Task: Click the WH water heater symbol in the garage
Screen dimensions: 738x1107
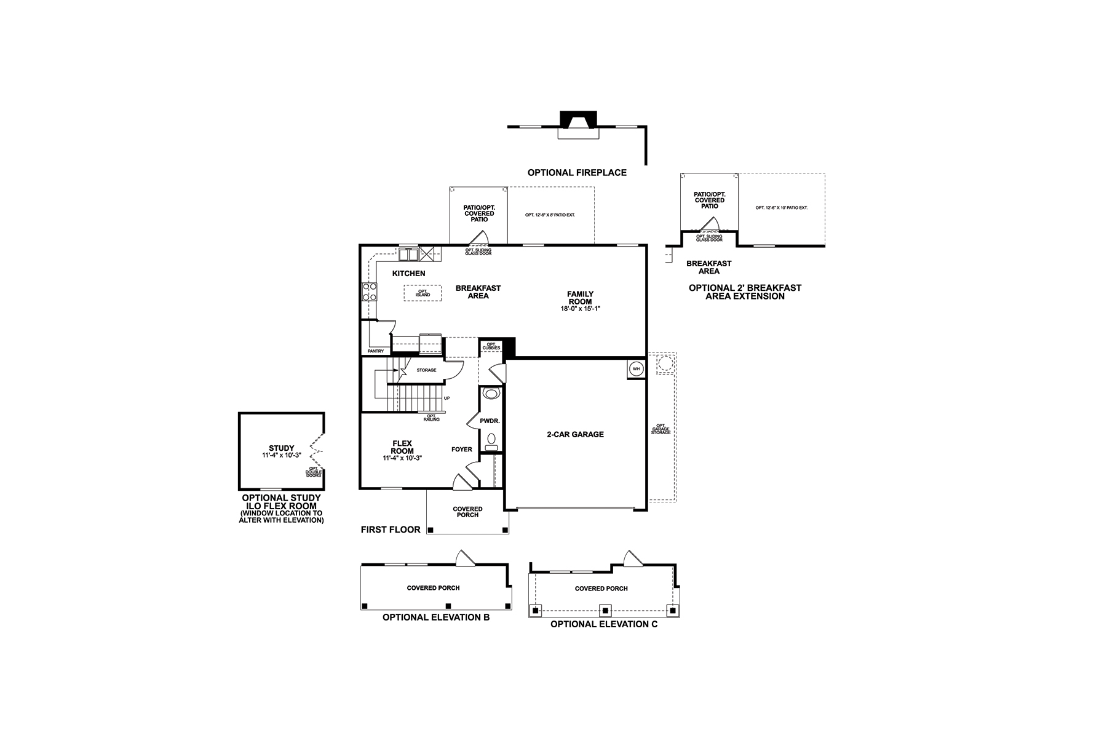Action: coord(637,369)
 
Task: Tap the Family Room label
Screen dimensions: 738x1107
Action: coord(580,298)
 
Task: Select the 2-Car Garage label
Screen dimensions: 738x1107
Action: coord(575,434)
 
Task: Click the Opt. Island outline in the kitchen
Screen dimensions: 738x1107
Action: coord(423,293)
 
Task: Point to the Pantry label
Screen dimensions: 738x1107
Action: coord(376,351)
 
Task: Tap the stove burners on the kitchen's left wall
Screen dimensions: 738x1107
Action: coord(369,292)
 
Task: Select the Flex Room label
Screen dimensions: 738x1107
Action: coord(402,447)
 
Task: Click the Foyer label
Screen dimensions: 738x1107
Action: coord(462,450)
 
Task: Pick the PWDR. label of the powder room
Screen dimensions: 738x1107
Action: coord(490,421)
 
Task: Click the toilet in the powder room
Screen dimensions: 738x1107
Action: coord(491,393)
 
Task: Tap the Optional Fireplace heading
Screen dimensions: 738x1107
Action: coord(577,173)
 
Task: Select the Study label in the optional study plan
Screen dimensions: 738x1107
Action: coord(282,448)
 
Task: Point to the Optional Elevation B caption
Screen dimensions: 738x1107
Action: coord(436,617)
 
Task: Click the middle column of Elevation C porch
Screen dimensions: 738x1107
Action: coord(605,611)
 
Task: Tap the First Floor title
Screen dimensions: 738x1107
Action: coord(391,530)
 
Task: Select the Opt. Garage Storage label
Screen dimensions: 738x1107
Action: coord(661,429)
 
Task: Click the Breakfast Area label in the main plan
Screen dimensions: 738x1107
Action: coord(478,292)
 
